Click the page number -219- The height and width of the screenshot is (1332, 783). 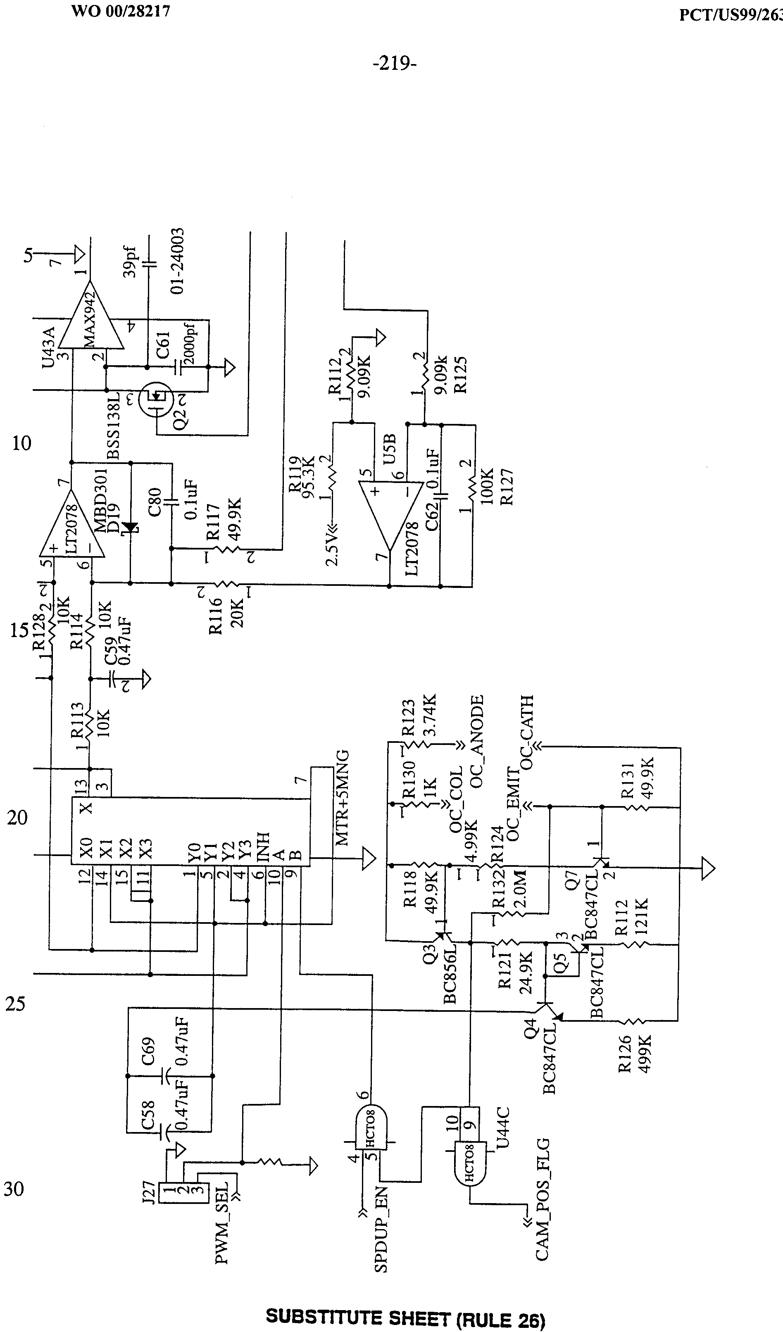(x=395, y=64)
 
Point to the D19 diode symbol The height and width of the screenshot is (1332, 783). (x=129, y=528)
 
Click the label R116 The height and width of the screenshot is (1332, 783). (x=216, y=616)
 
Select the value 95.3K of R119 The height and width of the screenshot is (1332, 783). (x=308, y=474)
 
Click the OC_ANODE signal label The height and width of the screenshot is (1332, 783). (x=477, y=742)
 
